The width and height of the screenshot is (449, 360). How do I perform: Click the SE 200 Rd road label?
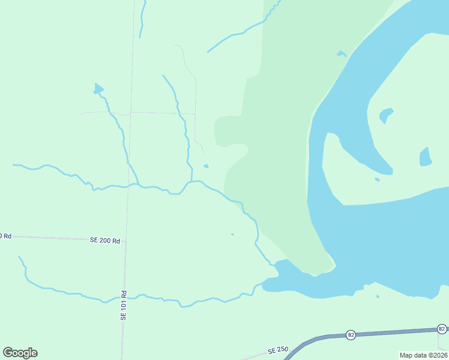coord(105,240)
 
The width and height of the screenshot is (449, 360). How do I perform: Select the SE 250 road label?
coord(279,350)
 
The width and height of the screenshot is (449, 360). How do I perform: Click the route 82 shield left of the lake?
coord(351,334)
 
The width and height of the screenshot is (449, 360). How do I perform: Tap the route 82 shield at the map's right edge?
coord(442,329)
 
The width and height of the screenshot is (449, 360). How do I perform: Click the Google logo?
coord(20,353)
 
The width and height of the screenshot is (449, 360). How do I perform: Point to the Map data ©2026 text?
coord(423,355)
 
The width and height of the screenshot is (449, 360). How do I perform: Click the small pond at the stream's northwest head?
coord(98,89)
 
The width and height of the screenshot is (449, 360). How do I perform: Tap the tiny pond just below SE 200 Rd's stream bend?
coord(232,234)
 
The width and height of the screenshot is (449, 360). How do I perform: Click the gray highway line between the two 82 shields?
coord(396,332)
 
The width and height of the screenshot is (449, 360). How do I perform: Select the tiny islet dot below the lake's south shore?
coord(378,296)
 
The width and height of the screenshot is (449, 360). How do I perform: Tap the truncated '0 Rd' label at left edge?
coord(6,236)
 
